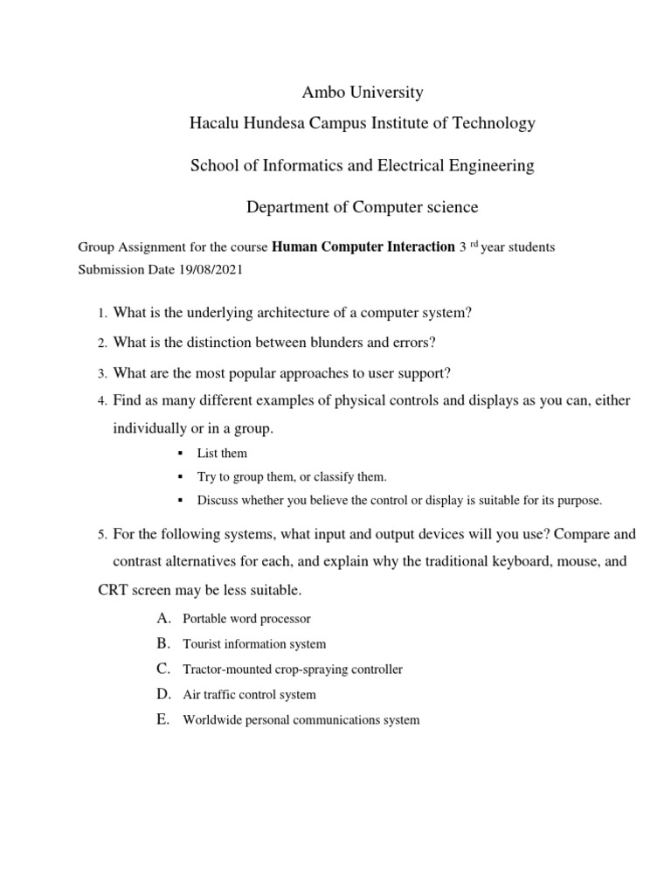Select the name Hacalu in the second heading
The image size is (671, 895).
point(214,123)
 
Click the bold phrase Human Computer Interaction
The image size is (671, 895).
point(363,247)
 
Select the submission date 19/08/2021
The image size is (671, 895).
point(207,270)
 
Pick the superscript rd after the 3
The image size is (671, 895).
point(475,245)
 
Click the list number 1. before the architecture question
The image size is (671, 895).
point(101,314)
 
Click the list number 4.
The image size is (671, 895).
point(101,401)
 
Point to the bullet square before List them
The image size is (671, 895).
point(178,454)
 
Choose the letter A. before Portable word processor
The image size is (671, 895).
point(163,619)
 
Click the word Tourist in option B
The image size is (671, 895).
point(202,644)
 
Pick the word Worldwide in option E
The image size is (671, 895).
point(211,720)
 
